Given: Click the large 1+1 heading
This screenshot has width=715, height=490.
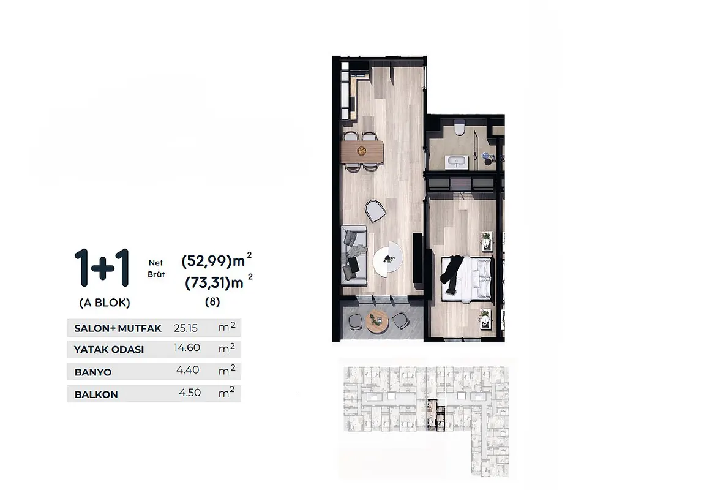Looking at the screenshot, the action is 102,268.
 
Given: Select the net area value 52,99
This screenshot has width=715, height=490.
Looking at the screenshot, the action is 210,262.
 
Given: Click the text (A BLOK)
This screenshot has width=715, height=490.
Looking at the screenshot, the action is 105,303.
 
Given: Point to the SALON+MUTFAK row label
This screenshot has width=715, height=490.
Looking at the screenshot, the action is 118,328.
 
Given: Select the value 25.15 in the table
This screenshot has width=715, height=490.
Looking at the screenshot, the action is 185,328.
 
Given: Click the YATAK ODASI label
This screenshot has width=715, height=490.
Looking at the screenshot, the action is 109,350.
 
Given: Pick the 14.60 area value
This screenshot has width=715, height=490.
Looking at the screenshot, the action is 187,348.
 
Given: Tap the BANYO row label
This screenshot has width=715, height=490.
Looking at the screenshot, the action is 92,372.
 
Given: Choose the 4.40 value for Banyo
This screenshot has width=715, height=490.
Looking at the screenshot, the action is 188,370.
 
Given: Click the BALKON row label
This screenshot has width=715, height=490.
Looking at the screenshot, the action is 96,394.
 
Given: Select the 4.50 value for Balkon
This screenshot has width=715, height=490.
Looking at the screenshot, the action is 190,393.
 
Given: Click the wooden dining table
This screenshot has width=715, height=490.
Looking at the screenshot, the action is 362,151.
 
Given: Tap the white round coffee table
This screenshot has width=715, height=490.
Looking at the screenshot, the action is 388,258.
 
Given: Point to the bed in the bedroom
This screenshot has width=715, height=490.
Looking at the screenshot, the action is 468,278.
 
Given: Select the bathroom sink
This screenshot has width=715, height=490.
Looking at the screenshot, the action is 457,162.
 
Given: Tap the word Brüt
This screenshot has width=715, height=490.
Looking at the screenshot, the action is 156,274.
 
